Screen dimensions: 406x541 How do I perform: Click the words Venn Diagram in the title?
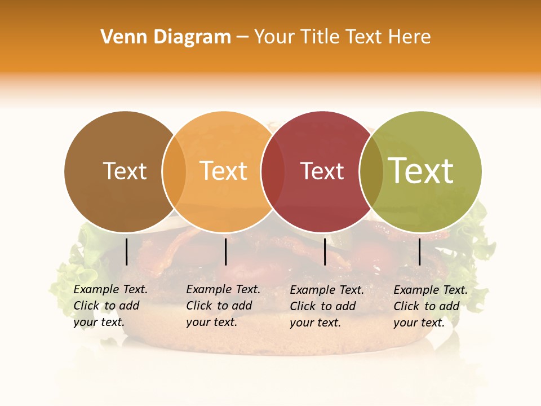[x=166, y=37]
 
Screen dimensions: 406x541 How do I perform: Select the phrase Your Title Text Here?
[x=342, y=37]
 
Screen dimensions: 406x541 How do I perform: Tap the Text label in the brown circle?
[x=125, y=171]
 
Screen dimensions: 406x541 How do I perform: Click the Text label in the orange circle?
[x=223, y=171]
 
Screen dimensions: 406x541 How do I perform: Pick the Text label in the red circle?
[x=322, y=171]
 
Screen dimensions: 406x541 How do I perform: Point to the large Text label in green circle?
[x=421, y=171]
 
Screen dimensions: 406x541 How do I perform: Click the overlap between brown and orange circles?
[x=174, y=171]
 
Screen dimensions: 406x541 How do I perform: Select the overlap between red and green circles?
[x=371, y=171]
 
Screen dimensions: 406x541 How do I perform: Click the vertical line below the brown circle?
[x=127, y=251]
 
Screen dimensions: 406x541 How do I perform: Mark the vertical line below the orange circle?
[x=225, y=251]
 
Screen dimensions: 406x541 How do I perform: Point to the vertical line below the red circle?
[x=325, y=251]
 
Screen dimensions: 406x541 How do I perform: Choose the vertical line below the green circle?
[x=419, y=251]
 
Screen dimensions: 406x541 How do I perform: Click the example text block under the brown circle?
[x=110, y=306]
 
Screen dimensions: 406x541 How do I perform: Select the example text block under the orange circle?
[x=223, y=306]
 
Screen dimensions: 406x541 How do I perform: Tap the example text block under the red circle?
[x=327, y=306]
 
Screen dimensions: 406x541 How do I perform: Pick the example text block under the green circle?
[x=431, y=306]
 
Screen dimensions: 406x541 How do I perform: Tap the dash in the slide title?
[x=242, y=38]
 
